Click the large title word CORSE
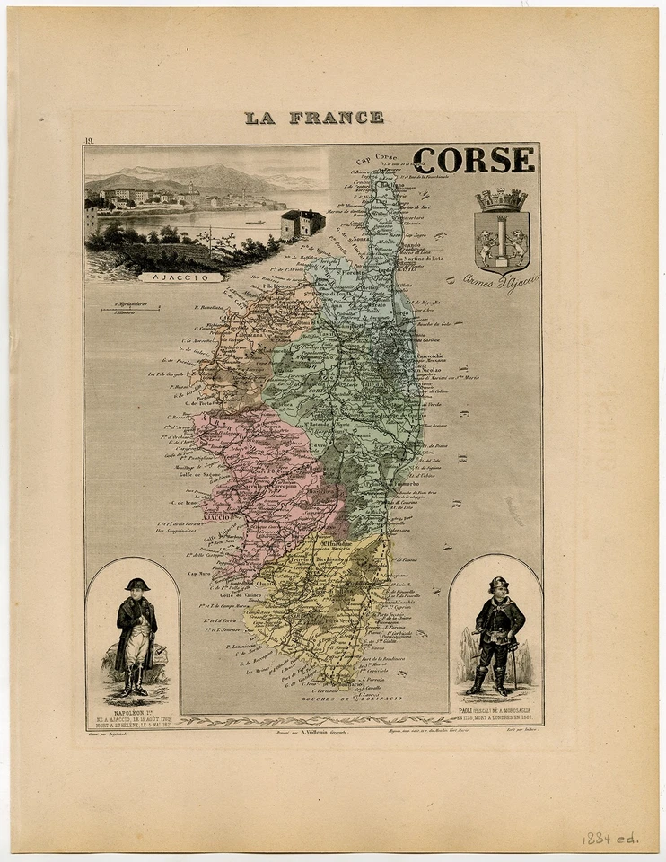(474, 160)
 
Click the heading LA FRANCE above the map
(314, 118)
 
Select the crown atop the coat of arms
(502, 200)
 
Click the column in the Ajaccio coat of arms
(502, 240)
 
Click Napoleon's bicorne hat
(136, 584)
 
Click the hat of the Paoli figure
(498, 584)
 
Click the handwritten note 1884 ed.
(609, 838)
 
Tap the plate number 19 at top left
(90, 142)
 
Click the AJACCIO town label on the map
(217, 517)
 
